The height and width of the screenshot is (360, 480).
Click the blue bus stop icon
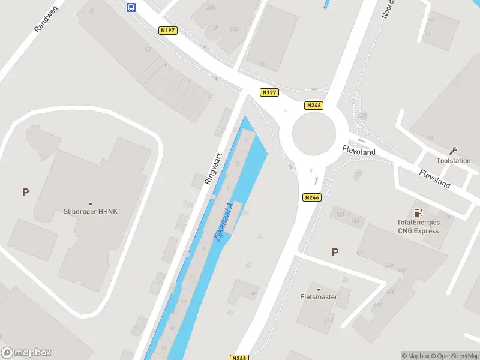(131, 7)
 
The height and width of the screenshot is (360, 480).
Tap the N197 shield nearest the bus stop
(168, 30)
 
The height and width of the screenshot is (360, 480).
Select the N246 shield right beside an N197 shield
(313, 106)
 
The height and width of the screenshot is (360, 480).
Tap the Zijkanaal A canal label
(223, 222)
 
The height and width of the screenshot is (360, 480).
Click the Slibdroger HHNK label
(90, 211)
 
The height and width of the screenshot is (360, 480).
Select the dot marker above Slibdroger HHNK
(91, 203)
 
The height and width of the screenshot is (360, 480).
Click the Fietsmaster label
(319, 296)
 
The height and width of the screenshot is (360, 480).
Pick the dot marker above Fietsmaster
(319, 289)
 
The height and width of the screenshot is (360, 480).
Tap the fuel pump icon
(418, 212)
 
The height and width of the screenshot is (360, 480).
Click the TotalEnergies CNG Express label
(418, 226)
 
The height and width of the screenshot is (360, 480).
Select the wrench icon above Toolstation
(454, 150)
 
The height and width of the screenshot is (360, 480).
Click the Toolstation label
(453, 160)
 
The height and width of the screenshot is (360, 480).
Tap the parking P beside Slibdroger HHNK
(25, 193)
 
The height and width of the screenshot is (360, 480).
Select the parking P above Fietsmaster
(335, 253)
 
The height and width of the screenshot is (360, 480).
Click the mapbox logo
(26, 353)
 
